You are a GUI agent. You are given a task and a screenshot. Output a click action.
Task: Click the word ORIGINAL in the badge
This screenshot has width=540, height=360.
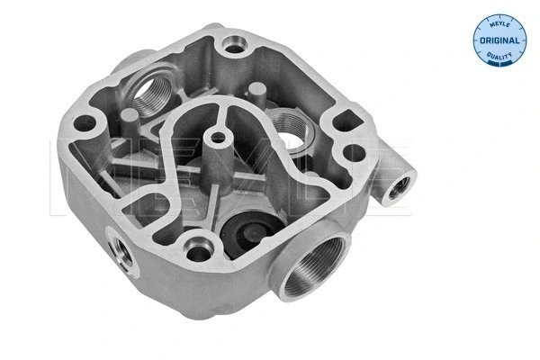pyautogui.click(x=499, y=40)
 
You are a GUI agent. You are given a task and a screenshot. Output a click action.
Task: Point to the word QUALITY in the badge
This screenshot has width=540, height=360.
pyautogui.click(x=499, y=55)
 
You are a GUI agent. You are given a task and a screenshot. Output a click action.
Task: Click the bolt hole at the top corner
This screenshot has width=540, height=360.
pyautogui.click(x=235, y=45)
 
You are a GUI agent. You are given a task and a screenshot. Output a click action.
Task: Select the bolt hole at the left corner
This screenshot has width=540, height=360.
pyautogui.click(x=85, y=123)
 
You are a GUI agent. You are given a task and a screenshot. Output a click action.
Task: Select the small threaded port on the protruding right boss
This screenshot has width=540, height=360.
pyautogui.click(x=399, y=188)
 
